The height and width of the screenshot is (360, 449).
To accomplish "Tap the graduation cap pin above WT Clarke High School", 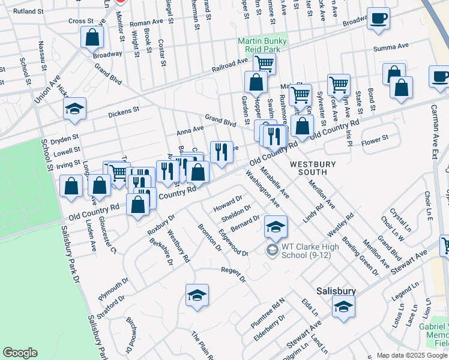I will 276,227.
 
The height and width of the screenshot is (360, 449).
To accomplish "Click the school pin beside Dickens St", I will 75,109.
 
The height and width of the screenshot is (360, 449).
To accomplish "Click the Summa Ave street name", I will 390,46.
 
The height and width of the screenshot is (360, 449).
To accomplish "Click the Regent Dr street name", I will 234,274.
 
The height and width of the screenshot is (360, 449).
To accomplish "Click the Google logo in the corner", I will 20,353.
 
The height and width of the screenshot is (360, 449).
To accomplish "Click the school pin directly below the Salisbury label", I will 343,307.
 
